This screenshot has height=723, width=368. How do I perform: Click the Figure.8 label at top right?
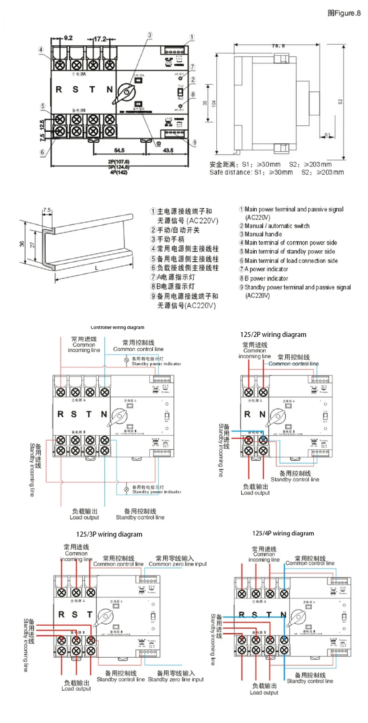pos(344,13)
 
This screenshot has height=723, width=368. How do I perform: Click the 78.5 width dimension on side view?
pos(278,45)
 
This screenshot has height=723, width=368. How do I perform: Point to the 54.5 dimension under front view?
pos(119,150)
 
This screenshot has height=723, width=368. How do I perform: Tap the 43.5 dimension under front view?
pos(168,150)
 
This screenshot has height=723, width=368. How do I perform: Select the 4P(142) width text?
pos(119,172)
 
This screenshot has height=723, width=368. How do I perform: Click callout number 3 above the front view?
pos(150,35)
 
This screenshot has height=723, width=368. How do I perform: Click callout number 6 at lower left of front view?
pos(42,152)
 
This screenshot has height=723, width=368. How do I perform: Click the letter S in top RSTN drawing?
pos(75,89)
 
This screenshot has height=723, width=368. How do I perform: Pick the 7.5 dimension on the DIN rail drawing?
pos(47,210)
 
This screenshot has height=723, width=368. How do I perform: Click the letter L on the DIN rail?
pos(97,268)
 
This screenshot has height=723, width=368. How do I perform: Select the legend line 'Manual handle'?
pos(263,234)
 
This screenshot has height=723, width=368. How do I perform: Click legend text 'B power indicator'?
pos(266,278)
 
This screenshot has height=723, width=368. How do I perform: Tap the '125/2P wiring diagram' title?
pos(273,335)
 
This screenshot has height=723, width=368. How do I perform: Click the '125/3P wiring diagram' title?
pos(109,534)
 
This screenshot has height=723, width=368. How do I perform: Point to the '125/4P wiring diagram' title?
pos(283,533)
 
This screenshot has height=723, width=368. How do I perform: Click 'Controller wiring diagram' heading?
pos(117,327)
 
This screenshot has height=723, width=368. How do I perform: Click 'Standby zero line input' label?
pos(176,679)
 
